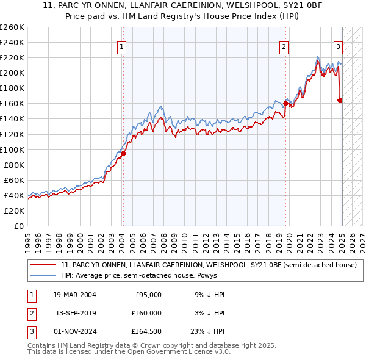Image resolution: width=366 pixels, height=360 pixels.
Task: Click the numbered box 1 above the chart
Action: [x=121, y=46]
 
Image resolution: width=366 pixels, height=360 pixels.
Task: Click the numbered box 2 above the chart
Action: [x=284, y=46]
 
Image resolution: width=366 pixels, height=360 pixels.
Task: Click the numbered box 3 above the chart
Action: [x=338, y=46]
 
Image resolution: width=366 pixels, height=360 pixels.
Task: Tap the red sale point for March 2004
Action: [x=123, y=153]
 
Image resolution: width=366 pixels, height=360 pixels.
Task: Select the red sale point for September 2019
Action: [x=285, y=103]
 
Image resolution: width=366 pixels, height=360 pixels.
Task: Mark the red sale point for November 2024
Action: [x=340, y=100]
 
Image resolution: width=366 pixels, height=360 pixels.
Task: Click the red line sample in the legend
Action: [x=43, y=265]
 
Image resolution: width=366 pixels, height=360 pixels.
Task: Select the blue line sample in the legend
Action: [x=43, y=275]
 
